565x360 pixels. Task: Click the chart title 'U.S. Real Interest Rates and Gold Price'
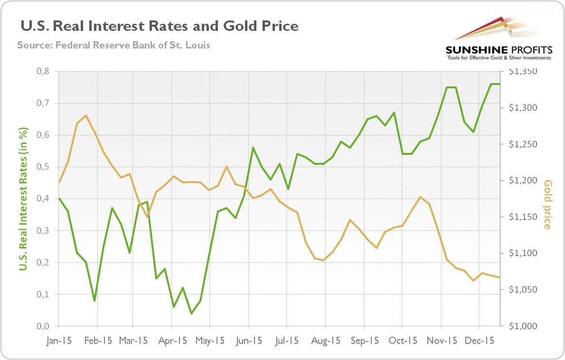click(x=159, y=26)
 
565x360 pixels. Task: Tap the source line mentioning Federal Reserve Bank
click(x=113, y=45)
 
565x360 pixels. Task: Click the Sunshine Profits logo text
click(x=499, y=50)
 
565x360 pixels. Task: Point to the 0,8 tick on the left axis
click(x=43, y=71)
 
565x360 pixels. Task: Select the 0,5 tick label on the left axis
click(x=43, y=167)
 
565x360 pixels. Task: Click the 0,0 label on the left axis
click(x=43, y=326)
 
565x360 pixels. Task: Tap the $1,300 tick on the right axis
click(x=523, y=107)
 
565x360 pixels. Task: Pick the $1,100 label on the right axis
click(x=523, y=253)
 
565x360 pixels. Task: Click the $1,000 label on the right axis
click(x=523, y=326)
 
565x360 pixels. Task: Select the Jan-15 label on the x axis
click(x=59, y=341)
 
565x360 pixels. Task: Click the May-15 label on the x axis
click(x=210, y=341)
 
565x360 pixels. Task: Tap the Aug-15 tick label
click(x=326, y=341)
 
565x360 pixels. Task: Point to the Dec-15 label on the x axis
click(x=480, y=341)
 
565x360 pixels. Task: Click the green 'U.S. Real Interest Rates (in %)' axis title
click(x=23, y=199)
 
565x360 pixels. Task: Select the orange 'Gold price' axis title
click(x=547, y=204)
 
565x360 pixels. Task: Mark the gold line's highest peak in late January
click(x=86, y=115)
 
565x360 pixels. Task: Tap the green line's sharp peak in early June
click(x=253, y=147)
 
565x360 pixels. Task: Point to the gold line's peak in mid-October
click(x=420, y=197)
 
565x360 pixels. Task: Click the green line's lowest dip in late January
click(x=94, y=301)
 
